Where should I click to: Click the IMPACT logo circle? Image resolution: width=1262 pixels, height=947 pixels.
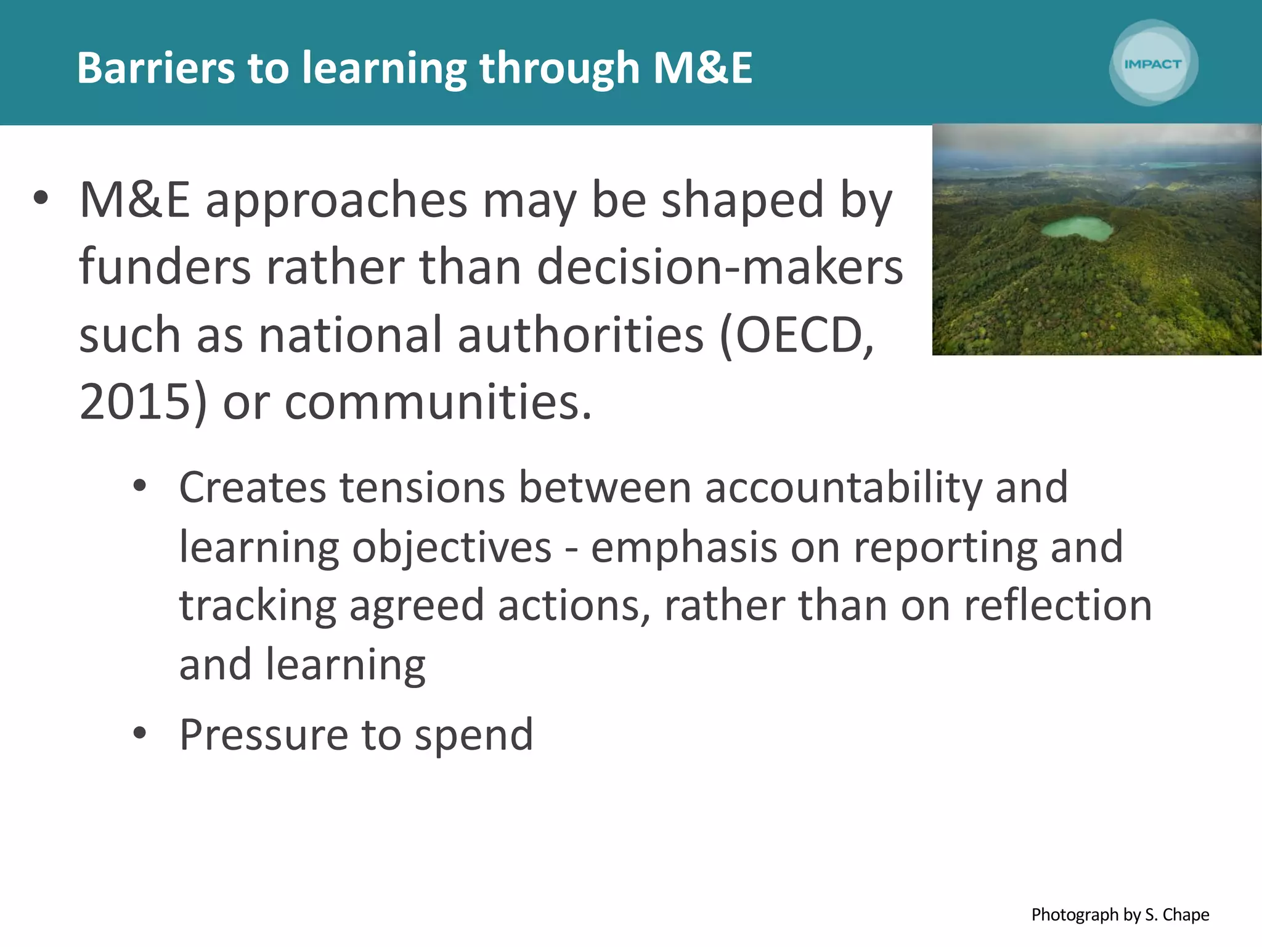pos(1153,64)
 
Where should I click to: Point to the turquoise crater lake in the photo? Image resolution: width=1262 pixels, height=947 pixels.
pos(1077,229)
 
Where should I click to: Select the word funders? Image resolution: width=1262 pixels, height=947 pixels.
pos(165,267)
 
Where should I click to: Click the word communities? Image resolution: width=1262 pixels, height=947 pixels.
pos(438,402)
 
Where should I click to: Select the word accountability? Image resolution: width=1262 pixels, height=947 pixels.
pos(843,487)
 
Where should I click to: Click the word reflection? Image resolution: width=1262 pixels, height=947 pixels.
pos(1057,605)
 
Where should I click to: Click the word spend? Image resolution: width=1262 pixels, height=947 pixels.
pos(473,736)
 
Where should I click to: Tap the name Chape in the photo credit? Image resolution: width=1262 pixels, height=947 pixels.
pos(1186,914)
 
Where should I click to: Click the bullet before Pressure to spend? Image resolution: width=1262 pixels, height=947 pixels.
pos(140,733)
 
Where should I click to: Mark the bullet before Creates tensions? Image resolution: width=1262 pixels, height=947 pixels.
pos(140,486)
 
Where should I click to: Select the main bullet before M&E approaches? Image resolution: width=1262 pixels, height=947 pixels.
pos(41,199)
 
